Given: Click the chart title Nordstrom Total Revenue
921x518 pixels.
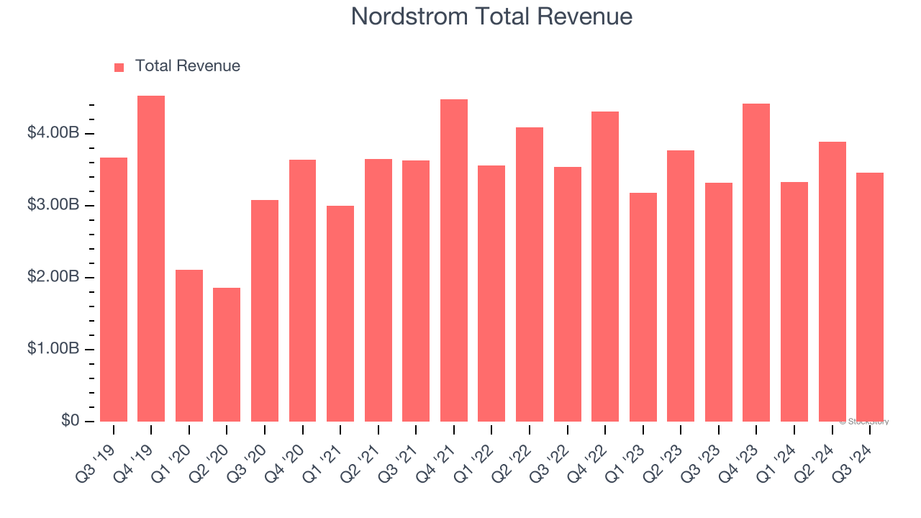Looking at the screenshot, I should tap(491, 17).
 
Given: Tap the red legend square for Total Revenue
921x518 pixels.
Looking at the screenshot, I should tap(119, 67).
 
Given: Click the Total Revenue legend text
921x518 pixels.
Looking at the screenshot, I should tap(187, 66).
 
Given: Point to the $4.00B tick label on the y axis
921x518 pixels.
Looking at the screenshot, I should tap(53, 133).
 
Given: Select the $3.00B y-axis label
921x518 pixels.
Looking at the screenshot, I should tap(53, 205).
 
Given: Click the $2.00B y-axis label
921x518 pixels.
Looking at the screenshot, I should tap(53, 277).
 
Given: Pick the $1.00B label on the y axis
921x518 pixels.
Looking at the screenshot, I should tap(53, 349).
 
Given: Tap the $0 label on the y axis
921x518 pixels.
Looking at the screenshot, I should tap(71, 421).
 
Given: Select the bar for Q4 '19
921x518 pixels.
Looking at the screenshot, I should tap(151, 259).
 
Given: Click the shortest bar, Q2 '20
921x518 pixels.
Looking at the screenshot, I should tap(227, 355).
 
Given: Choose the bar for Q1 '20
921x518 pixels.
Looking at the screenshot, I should tap(189, 345).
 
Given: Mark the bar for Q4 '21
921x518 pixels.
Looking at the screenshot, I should tap(454, 260).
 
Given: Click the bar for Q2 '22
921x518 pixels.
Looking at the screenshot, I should tap(530, 274).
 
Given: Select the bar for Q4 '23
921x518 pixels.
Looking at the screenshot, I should tap(756, 263).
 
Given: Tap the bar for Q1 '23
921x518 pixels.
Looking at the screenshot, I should tap(643, 307).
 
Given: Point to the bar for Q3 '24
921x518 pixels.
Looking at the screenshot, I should tap(870, 297).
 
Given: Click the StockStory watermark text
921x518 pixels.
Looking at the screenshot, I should tap(864, 422).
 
